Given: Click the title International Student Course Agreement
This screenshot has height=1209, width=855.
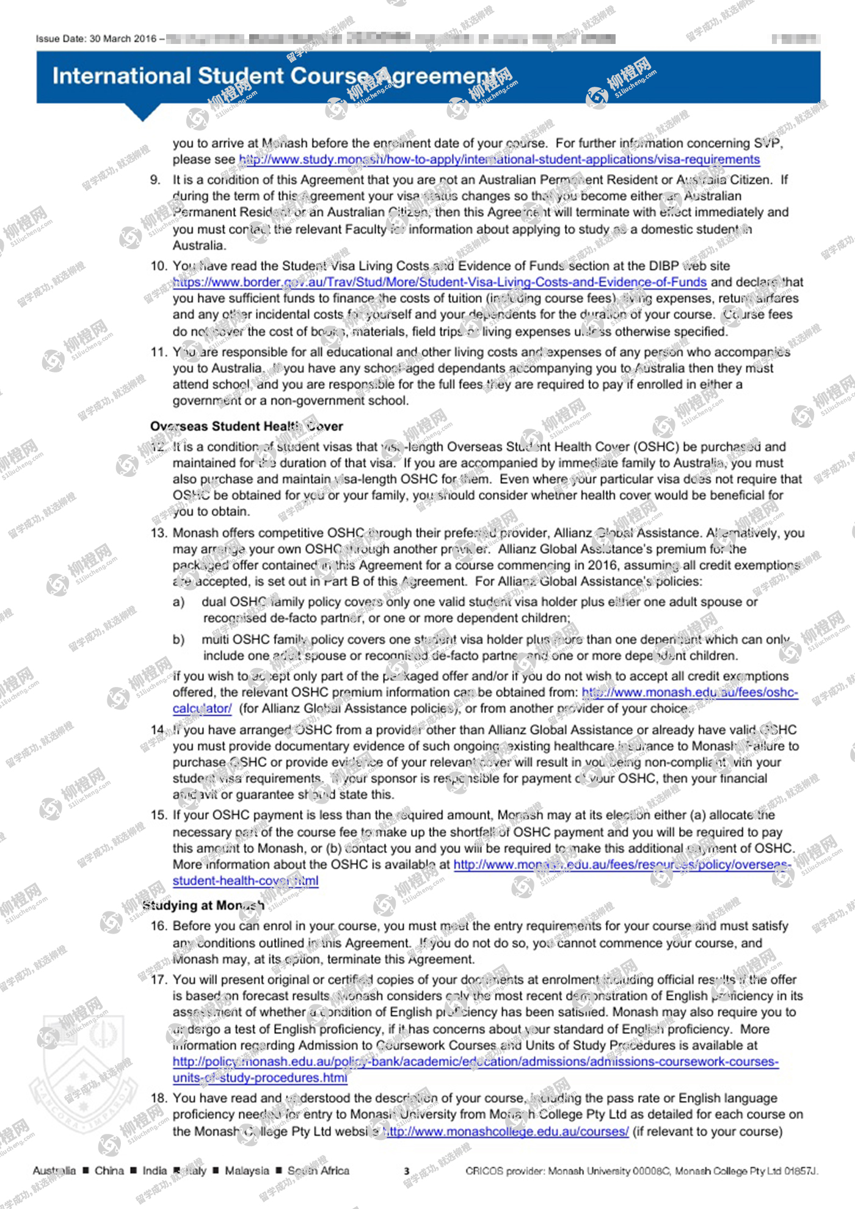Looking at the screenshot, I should coord(275,76).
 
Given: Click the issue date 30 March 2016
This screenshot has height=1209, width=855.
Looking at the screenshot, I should coord(123,39).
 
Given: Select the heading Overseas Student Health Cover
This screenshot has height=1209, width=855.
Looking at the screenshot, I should coord(246,426).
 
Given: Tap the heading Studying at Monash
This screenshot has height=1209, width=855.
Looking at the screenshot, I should coord(203,905).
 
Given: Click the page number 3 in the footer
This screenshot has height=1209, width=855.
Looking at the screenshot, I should coord(406,1171).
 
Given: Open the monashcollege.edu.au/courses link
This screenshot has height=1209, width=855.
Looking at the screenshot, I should coord(506,1131).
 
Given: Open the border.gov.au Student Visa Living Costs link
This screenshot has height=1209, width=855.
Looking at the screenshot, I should coord(440,282).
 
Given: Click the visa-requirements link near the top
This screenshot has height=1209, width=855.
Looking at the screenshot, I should coord(500,159).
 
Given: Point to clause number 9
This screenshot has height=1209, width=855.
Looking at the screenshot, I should coord(156,180).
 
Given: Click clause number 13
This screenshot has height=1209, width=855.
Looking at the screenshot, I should coord(158,533).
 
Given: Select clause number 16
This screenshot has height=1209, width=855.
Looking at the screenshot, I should coord(158,926).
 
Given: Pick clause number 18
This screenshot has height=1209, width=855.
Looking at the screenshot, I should coord(158,1098).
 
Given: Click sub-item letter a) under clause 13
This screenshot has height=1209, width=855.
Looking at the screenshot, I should coord(178,602).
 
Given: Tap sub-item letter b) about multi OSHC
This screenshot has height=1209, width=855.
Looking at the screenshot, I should coord(178,640).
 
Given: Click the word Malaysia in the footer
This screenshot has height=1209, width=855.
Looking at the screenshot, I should coord(247,1171).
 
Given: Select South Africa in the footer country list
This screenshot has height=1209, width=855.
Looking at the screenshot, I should coord(318,1171).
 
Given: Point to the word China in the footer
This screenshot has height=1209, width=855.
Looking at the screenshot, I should coord(109,1171).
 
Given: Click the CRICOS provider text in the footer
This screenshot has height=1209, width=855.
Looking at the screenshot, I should coord(641,1171).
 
